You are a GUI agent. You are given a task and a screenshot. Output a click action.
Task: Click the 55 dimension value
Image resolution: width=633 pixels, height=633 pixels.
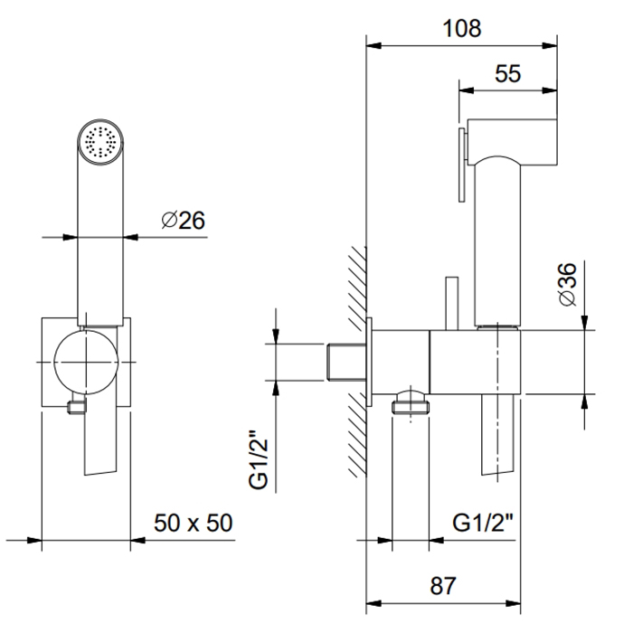click(508, 74)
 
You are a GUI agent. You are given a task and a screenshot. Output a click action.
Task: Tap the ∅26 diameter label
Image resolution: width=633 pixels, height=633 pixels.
click(184, 220)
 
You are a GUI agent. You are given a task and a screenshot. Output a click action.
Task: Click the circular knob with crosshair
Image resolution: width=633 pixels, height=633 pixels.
click(86, 361)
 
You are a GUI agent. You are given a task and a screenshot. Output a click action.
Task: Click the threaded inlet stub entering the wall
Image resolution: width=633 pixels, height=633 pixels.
click(345, 362)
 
